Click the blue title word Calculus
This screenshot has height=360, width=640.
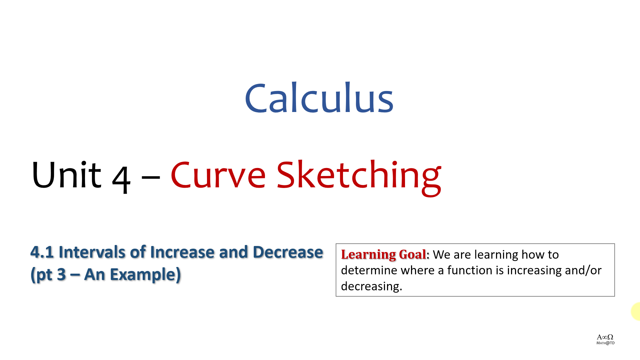319,97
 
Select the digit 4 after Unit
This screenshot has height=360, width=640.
121,179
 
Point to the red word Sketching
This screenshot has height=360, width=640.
359,178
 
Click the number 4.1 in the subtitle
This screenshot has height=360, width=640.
42,252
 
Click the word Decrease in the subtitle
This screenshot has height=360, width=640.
288,252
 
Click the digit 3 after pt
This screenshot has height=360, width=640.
61,275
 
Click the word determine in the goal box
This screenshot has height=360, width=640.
369,270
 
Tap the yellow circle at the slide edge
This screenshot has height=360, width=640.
636,312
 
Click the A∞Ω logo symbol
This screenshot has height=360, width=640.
605,337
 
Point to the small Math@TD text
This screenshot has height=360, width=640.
605,343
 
